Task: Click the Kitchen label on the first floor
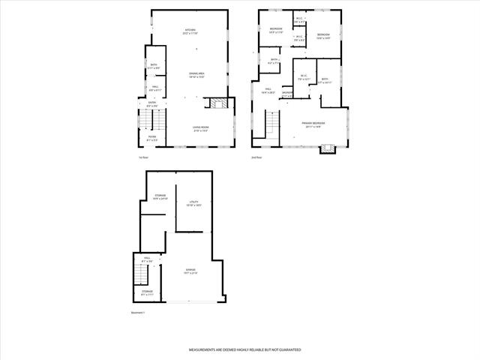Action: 190,31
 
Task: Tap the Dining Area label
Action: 196,75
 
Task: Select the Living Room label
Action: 200,129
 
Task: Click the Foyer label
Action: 151,138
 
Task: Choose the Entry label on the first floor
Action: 152,106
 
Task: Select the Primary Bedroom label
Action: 313,124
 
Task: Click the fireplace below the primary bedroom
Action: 326,148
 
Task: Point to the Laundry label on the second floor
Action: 287,94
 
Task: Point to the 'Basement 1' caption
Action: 138,313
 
